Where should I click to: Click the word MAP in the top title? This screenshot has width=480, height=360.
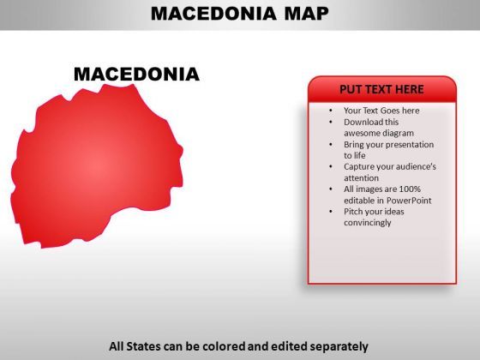307,14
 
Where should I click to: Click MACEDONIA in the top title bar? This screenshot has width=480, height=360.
213,14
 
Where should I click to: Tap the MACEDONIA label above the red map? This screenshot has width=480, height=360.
136,74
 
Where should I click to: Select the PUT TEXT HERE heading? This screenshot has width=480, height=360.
381,89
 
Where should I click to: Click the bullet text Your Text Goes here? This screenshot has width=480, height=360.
381,111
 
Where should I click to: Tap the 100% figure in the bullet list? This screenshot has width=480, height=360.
410,189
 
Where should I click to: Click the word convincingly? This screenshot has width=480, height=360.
368,223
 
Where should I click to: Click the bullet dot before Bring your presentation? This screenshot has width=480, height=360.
331,145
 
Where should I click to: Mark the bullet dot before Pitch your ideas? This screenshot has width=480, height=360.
331,212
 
